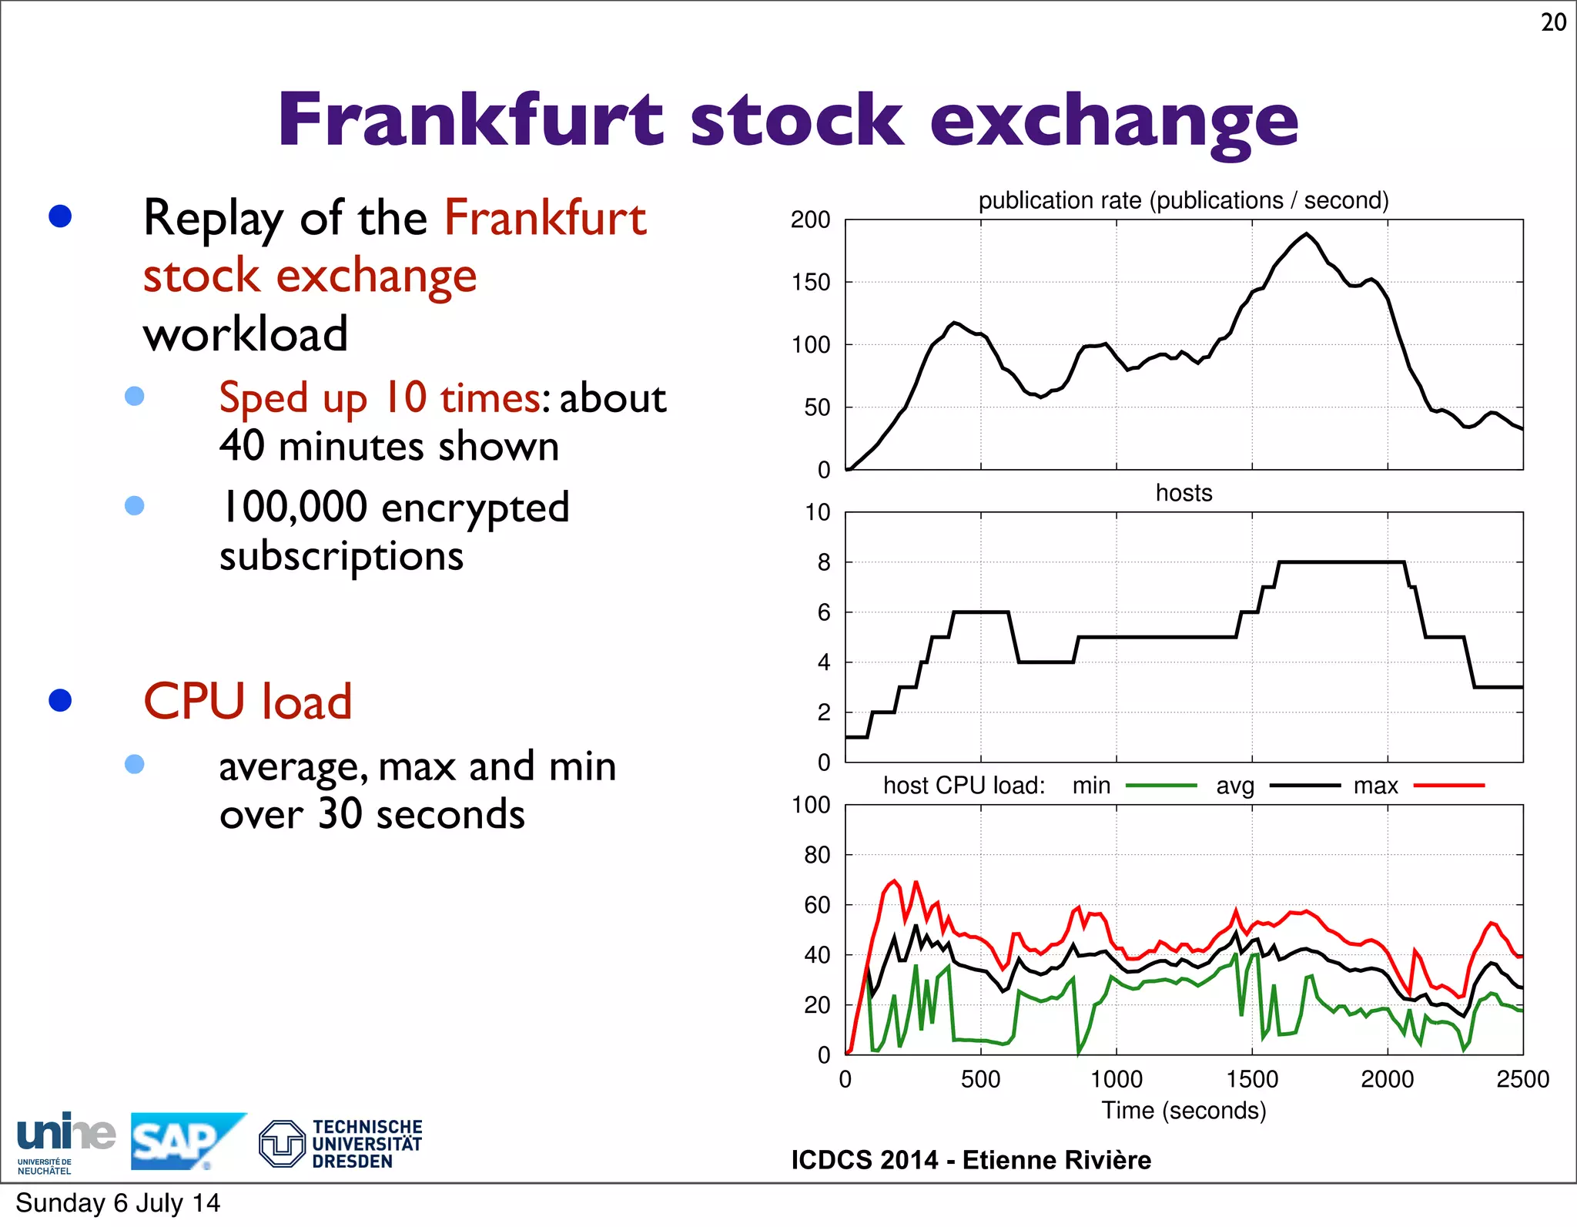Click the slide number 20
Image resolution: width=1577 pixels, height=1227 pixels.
[1553, 22]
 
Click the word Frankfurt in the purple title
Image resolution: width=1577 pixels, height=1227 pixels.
[470, 119]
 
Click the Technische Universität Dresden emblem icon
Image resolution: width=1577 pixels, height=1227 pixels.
[282, 1144]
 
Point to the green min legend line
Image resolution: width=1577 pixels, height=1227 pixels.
[1160, 786]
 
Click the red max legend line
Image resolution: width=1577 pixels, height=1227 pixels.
[1449, 786]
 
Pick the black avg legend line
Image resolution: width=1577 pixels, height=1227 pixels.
[1304, 786]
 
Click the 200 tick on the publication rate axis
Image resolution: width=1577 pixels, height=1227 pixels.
[810, 220]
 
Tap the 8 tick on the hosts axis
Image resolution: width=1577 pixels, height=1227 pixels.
[823, 563]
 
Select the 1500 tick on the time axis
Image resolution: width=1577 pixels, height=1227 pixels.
[1252, 1079]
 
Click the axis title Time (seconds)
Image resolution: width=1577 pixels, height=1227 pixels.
[1184, 1111]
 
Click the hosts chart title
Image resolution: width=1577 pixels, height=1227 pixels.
[1184, 493]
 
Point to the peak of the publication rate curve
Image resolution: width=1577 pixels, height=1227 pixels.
[1306, 233]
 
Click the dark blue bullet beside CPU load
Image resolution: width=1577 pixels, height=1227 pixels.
[60, 700]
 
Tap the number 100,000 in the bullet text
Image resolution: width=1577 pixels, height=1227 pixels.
[294, 508]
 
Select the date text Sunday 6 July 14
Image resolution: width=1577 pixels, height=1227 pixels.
[118, 1203]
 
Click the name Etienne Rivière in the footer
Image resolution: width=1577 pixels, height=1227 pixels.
[1056, 1160]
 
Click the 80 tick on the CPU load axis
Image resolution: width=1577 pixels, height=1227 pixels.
[817, 855]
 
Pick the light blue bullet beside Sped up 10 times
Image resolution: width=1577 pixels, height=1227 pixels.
[135, 396]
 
